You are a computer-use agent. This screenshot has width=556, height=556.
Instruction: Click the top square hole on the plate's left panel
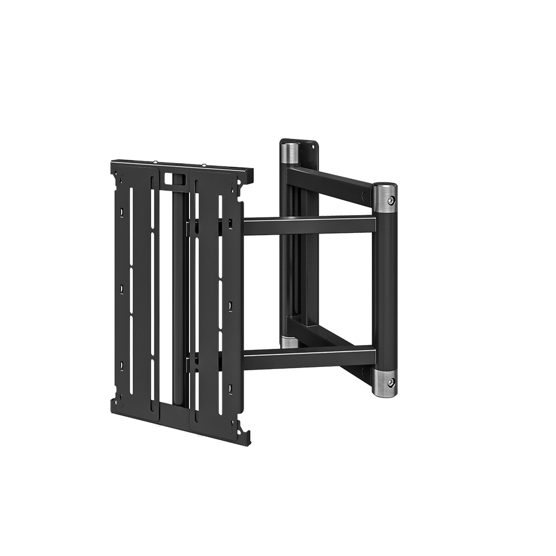122,212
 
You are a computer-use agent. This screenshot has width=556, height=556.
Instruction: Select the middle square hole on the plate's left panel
122,289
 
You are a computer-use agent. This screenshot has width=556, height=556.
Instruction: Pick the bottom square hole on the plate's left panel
122,365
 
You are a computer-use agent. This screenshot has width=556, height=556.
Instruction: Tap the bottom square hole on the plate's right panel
229,384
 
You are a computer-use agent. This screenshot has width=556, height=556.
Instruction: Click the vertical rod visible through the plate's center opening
177,289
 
